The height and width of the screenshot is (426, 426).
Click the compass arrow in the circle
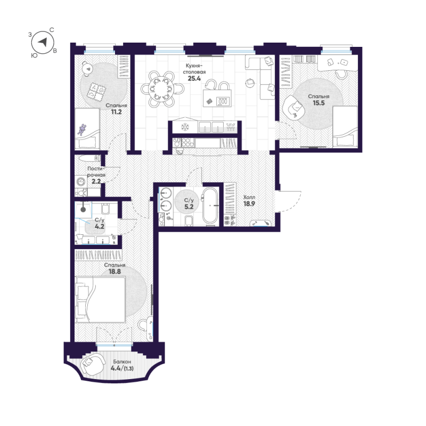coord(43,42)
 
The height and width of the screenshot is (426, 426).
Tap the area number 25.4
coord(194,79)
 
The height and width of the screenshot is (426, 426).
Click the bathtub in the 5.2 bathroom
coord(210,206)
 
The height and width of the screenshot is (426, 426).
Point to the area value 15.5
coord(318,103)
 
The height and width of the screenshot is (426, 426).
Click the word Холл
coord(249,197)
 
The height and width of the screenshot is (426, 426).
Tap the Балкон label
coord(122,362)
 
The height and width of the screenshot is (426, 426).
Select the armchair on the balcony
coord(93,364)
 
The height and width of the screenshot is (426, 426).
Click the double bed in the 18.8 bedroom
coord(101,299)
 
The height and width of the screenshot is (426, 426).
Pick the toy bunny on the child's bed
coord(81,129)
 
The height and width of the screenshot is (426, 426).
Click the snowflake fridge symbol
coord(185,127)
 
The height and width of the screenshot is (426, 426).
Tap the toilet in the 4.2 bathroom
coord(105,208)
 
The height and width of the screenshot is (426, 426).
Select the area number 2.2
coord(96,181)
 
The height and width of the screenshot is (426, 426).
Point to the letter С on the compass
coord(52,30)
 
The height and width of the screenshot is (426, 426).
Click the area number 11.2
coord(116,112)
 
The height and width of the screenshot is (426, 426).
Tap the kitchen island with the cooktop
coord(217,99)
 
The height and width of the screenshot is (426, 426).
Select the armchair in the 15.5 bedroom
coord(294,108)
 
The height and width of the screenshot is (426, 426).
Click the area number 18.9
coord(249,204)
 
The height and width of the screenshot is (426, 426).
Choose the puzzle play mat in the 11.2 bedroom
coord(96,91)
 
